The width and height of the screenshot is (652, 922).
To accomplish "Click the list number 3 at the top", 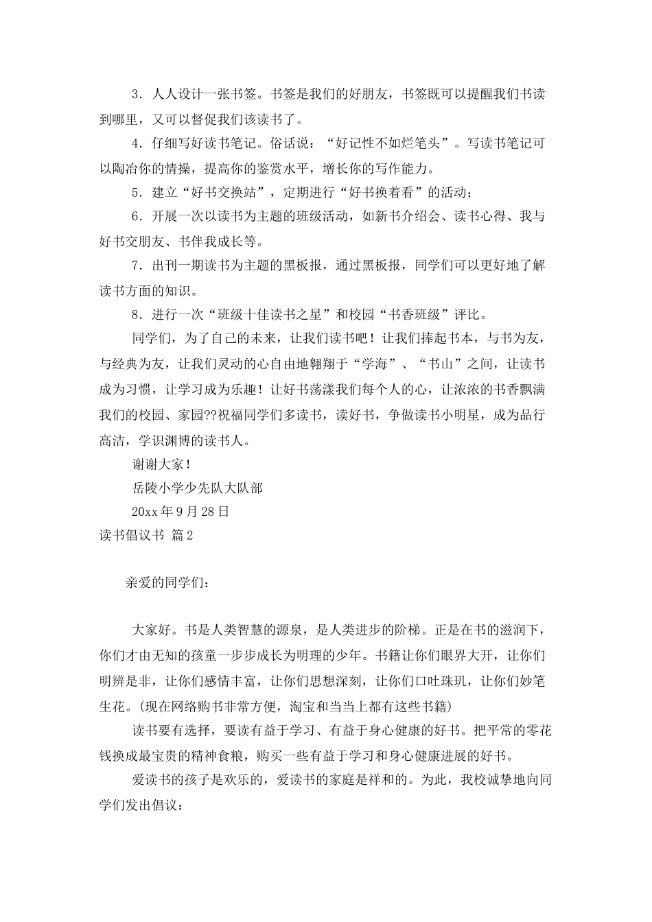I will [x=135, y=94].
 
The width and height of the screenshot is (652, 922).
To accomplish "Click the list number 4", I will [x=135, y=143].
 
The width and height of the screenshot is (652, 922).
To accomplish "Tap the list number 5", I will [x=135, y=193].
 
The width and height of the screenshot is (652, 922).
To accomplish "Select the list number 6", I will [x=135, y=217].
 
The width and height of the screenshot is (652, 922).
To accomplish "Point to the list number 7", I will [x=135, y=266].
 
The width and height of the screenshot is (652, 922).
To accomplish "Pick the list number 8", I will [x=135, y=316].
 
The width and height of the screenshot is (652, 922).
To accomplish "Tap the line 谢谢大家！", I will [x=161, y=464].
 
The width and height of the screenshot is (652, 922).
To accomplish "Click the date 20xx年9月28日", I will [x=180, y=512].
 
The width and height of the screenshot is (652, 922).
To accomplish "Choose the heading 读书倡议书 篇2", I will [x=146, y=536].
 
